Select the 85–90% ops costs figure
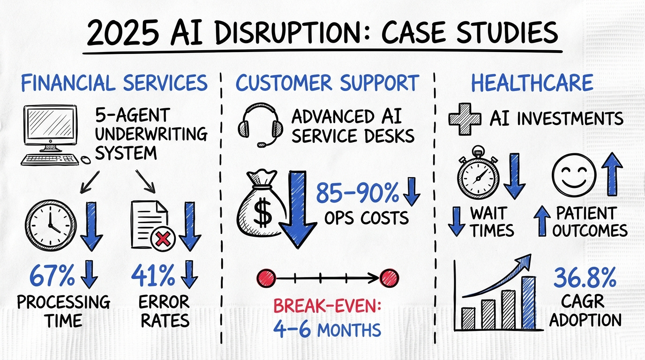tap(357, 193)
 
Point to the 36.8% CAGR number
tap(585, 279)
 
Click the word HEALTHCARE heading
tap(532, 83)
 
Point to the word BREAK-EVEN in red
tap(328, 307)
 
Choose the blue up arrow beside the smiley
tap(610, 176)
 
